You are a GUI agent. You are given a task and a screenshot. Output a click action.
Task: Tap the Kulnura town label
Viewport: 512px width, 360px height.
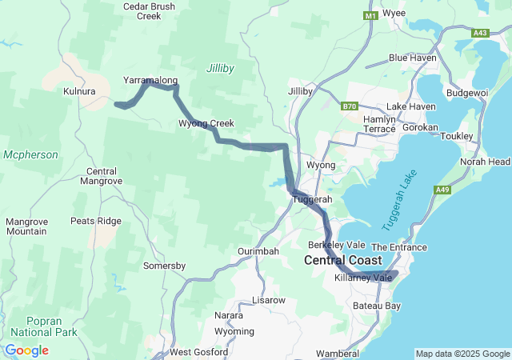pyautogui.click(x=79, y=92)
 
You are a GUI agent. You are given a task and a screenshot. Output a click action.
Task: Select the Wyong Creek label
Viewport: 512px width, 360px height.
pyautogui.click(x=206, y=123)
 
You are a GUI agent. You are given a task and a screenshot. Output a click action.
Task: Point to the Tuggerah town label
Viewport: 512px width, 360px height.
pyautogui.click(x=313, y=199)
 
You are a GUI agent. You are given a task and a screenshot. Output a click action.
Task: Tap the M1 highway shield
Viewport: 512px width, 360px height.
pyautogui.click(x=370, y=16)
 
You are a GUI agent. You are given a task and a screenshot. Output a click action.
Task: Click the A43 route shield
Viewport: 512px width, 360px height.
pyautogui.click(x=481, y=33)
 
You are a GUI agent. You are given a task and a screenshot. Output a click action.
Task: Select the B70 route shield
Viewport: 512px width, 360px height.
pyautogui.click(x=349, y=106)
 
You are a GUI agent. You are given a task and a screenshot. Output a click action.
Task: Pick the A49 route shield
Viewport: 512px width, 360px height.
pyautogui.click(x=442, y=190)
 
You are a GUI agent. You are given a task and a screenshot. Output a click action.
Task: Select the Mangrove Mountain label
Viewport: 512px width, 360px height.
pyautogui.click(x=26, y=226)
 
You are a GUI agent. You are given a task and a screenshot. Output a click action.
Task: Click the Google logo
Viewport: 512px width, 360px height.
pyautogui.click(x=26, y=350)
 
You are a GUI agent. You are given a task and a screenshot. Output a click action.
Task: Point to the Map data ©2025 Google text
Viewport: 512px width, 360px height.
pyautogui.click(x=462, y=354)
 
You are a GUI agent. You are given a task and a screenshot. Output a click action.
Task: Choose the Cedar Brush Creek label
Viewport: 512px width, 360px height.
pyautogui.click(x=148, y=10)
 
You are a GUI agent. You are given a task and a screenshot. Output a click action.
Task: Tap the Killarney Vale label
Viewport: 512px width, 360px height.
pyautogui.click(x=363, y=278)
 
